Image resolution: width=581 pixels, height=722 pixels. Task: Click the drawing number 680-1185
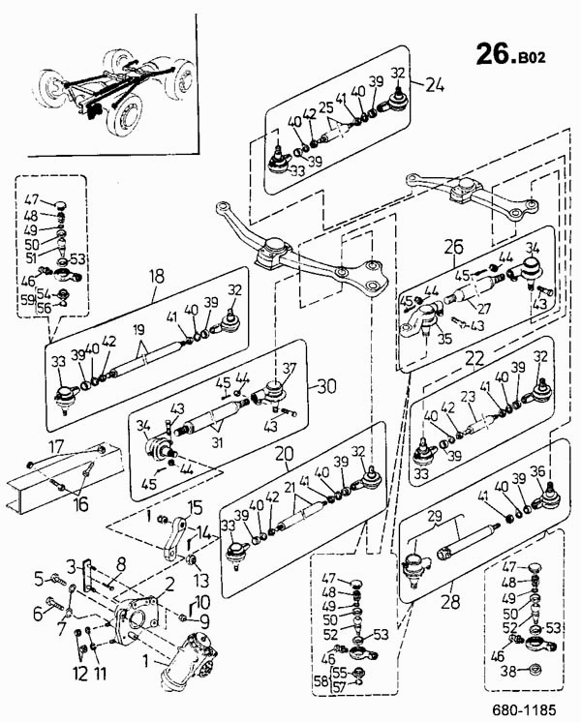pos(525,709)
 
